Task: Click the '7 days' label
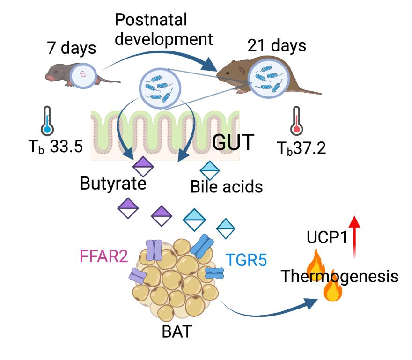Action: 72,48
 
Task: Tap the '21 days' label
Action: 277,45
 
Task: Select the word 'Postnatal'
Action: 151,20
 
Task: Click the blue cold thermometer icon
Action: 47,121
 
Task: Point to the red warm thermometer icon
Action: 297,121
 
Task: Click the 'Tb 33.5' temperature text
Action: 55,147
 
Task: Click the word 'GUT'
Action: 233,142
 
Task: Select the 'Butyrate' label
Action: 113,184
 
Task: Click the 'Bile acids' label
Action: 227,187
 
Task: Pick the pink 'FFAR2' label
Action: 104,256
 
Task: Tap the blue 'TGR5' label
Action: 246,260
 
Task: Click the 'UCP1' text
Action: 327,237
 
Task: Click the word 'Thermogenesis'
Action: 339,276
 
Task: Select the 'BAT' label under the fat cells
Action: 177,331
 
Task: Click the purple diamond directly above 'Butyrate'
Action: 143,167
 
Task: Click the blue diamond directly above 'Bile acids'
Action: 210,170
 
